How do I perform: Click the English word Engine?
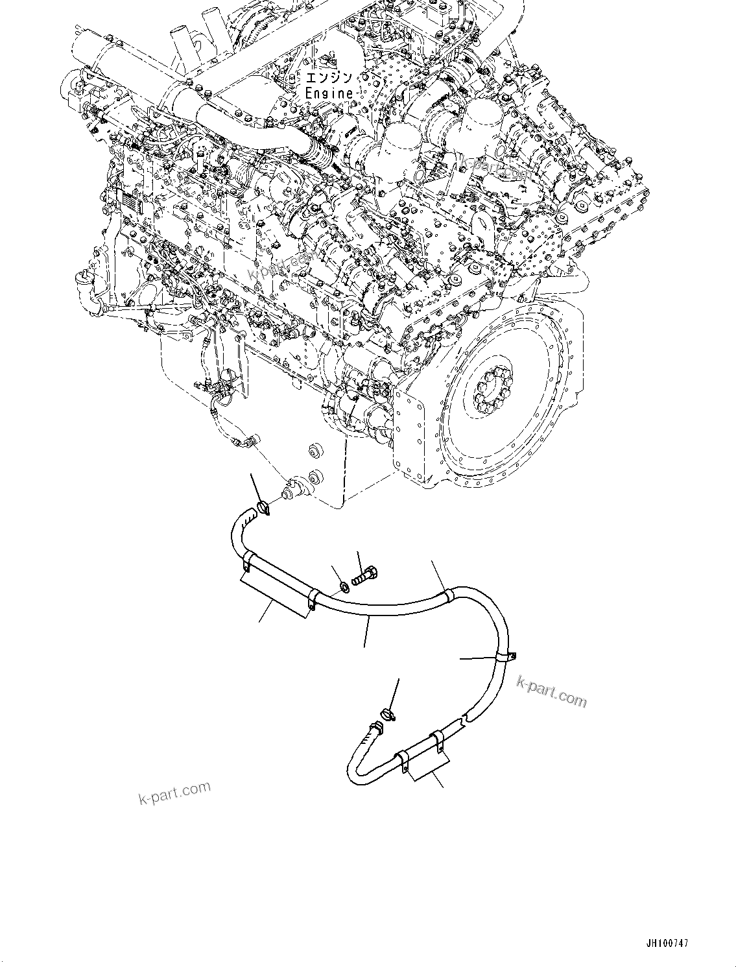click(329, 93)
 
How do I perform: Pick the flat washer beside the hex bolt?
click(344, 586)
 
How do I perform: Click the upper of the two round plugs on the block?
click(318, 450)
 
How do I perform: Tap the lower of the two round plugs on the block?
click(316, 475)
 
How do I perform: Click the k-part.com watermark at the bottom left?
click(175, 792)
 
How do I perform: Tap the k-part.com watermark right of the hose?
click(551, 691)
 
